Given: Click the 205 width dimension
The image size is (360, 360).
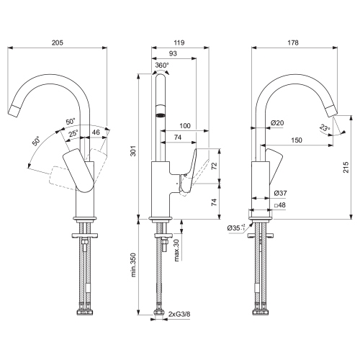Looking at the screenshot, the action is click(x=58, y=42).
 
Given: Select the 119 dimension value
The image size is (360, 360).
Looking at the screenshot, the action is click(x=179, y=42).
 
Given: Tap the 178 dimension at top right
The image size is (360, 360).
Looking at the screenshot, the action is click(x=293, y=42).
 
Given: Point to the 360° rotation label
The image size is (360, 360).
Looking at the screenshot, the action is click(x=162, y=65).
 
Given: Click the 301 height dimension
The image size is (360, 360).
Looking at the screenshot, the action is click(x=133, y=150).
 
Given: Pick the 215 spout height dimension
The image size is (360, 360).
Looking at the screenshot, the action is click(x=346, y=167).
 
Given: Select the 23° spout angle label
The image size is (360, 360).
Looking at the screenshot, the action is click(x=325, y=128).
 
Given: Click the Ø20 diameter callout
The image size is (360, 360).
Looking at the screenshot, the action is click(x=277, y=123).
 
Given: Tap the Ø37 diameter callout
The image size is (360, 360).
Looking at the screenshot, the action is click(x=280, y=193).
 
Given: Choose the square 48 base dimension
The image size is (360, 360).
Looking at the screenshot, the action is click(x=280, y=205).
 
